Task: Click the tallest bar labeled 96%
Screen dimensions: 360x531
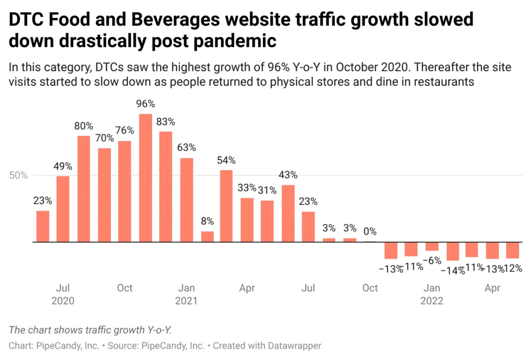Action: click(146, 178)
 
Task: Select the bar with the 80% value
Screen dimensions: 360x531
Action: click(84, 189)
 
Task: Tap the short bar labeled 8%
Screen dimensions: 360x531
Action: click(207, 237)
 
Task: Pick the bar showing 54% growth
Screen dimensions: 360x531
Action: click(226, 206)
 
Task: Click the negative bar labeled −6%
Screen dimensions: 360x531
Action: click(432, 246)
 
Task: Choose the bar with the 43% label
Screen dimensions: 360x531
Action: click(288, 213)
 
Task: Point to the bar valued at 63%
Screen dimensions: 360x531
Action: click(187, 200)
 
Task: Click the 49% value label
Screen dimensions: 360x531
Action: click(64, 167)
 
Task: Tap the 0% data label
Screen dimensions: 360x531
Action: click(370, 231)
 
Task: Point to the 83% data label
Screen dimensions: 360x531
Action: click(166, 122)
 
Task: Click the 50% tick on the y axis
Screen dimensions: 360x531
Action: click(18, 175)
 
